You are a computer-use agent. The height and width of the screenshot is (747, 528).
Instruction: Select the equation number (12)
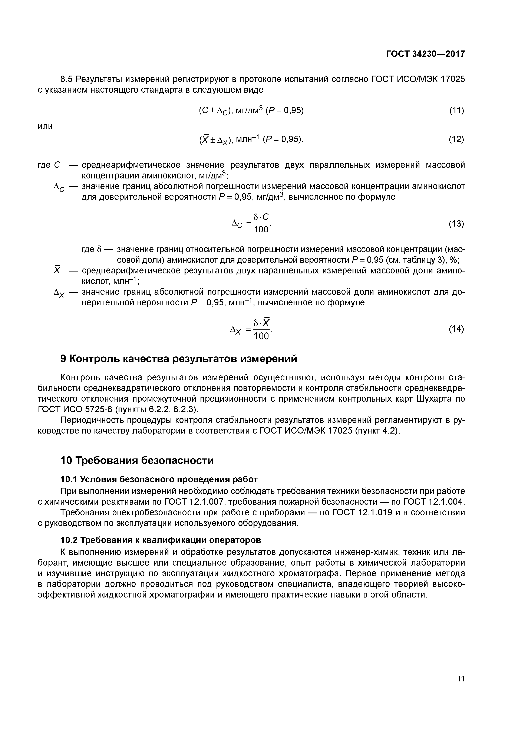point(456,139)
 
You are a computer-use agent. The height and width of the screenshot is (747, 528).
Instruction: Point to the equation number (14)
point(456,329)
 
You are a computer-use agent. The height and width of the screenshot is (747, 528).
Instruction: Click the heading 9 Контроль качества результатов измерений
point(179,359)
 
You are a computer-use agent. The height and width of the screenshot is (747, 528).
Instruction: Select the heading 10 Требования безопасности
point(137,461)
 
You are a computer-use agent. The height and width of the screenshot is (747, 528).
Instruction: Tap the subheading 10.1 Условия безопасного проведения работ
point(159,479)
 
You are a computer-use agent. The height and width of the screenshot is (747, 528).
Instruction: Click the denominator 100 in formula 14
point(261,336)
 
